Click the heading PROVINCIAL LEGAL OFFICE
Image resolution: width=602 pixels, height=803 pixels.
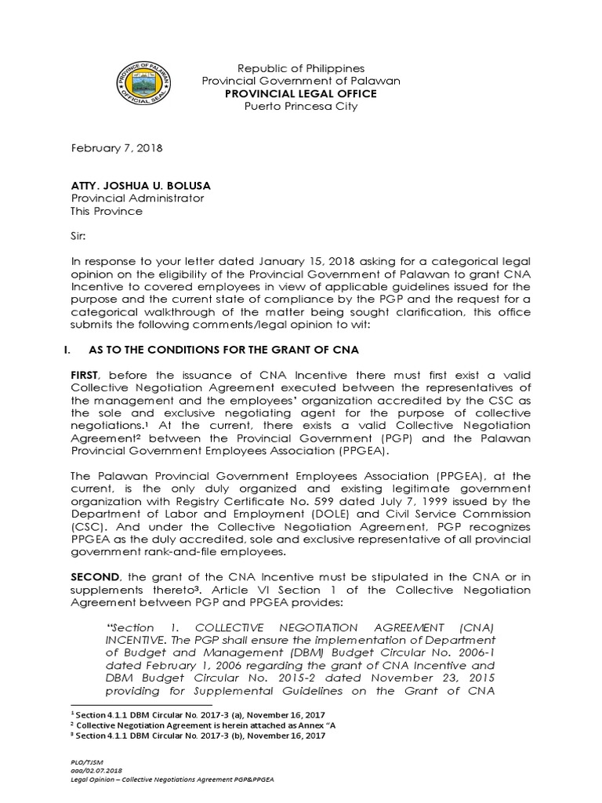[x=301, y=93]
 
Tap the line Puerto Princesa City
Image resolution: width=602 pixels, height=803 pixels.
[x=301, y=106]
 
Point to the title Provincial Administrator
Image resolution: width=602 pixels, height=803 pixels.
[x=138, y=198]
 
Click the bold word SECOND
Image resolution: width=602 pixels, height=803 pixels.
[x=95, y=577]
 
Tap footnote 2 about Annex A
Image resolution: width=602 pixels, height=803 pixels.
[x=204, y=725]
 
